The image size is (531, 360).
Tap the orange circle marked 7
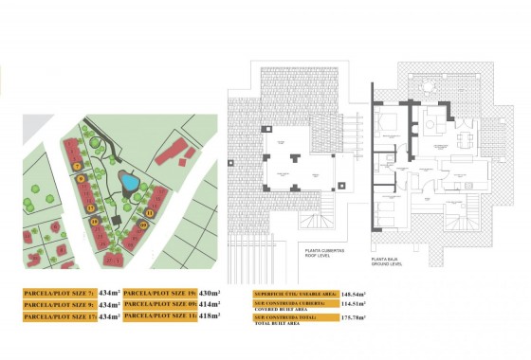tap(76, 166)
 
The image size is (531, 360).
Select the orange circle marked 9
tap(82, 178)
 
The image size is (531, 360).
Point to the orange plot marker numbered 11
tap(150, 213)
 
